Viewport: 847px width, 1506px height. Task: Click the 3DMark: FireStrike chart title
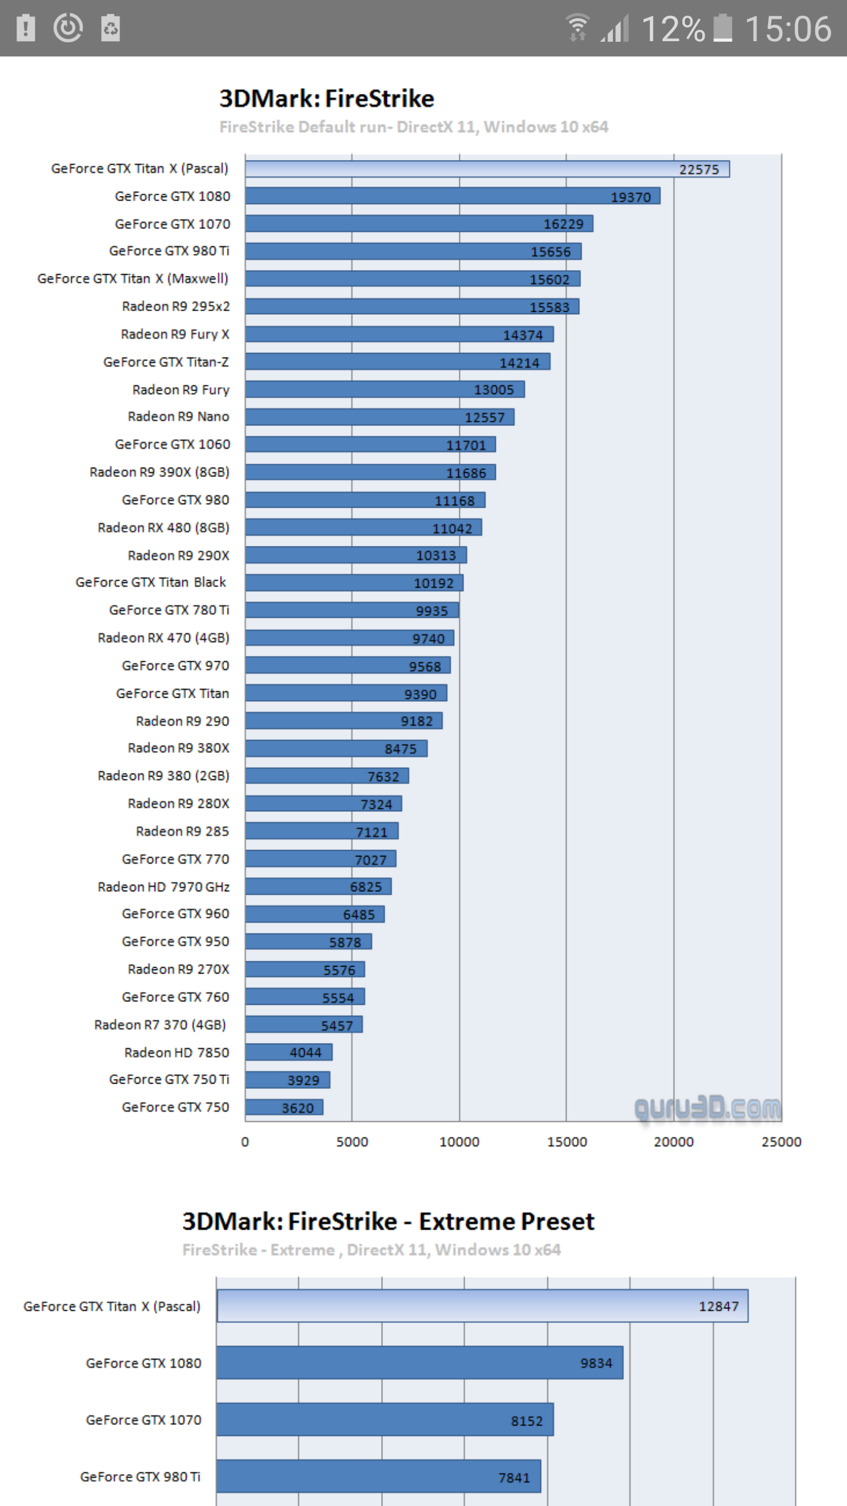pos(326,99)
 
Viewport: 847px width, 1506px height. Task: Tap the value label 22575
pos(699,169)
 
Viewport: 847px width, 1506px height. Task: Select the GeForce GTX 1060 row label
pos(172,444)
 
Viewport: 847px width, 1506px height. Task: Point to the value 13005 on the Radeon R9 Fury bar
pos(493,389)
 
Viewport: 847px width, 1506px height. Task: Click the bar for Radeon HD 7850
pos(288,1052)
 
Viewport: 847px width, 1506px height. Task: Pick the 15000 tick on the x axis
pos(566,1142)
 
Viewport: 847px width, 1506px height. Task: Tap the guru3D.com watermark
pos(708,1108)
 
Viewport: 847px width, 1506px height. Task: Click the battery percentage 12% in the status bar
pos(672,28)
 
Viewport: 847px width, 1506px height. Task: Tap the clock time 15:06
pos(788,28)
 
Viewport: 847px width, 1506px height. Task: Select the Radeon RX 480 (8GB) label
pos(164,528)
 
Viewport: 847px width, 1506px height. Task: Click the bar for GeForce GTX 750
pos(284,1107)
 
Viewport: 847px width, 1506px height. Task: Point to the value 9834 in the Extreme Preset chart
pos(596,1363)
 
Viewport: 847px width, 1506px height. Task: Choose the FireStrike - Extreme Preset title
pos(388,1221)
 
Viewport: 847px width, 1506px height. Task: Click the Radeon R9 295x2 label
pos(176,306)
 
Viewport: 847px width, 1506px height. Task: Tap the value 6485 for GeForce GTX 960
pos(359,914)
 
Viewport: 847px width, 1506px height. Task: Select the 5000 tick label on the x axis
pos(352,1142)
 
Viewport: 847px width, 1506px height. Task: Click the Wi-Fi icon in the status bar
pos(578,28)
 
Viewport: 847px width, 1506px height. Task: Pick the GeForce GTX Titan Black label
pos(151,582)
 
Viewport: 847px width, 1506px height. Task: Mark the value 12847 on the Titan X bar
pos(718,1306)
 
